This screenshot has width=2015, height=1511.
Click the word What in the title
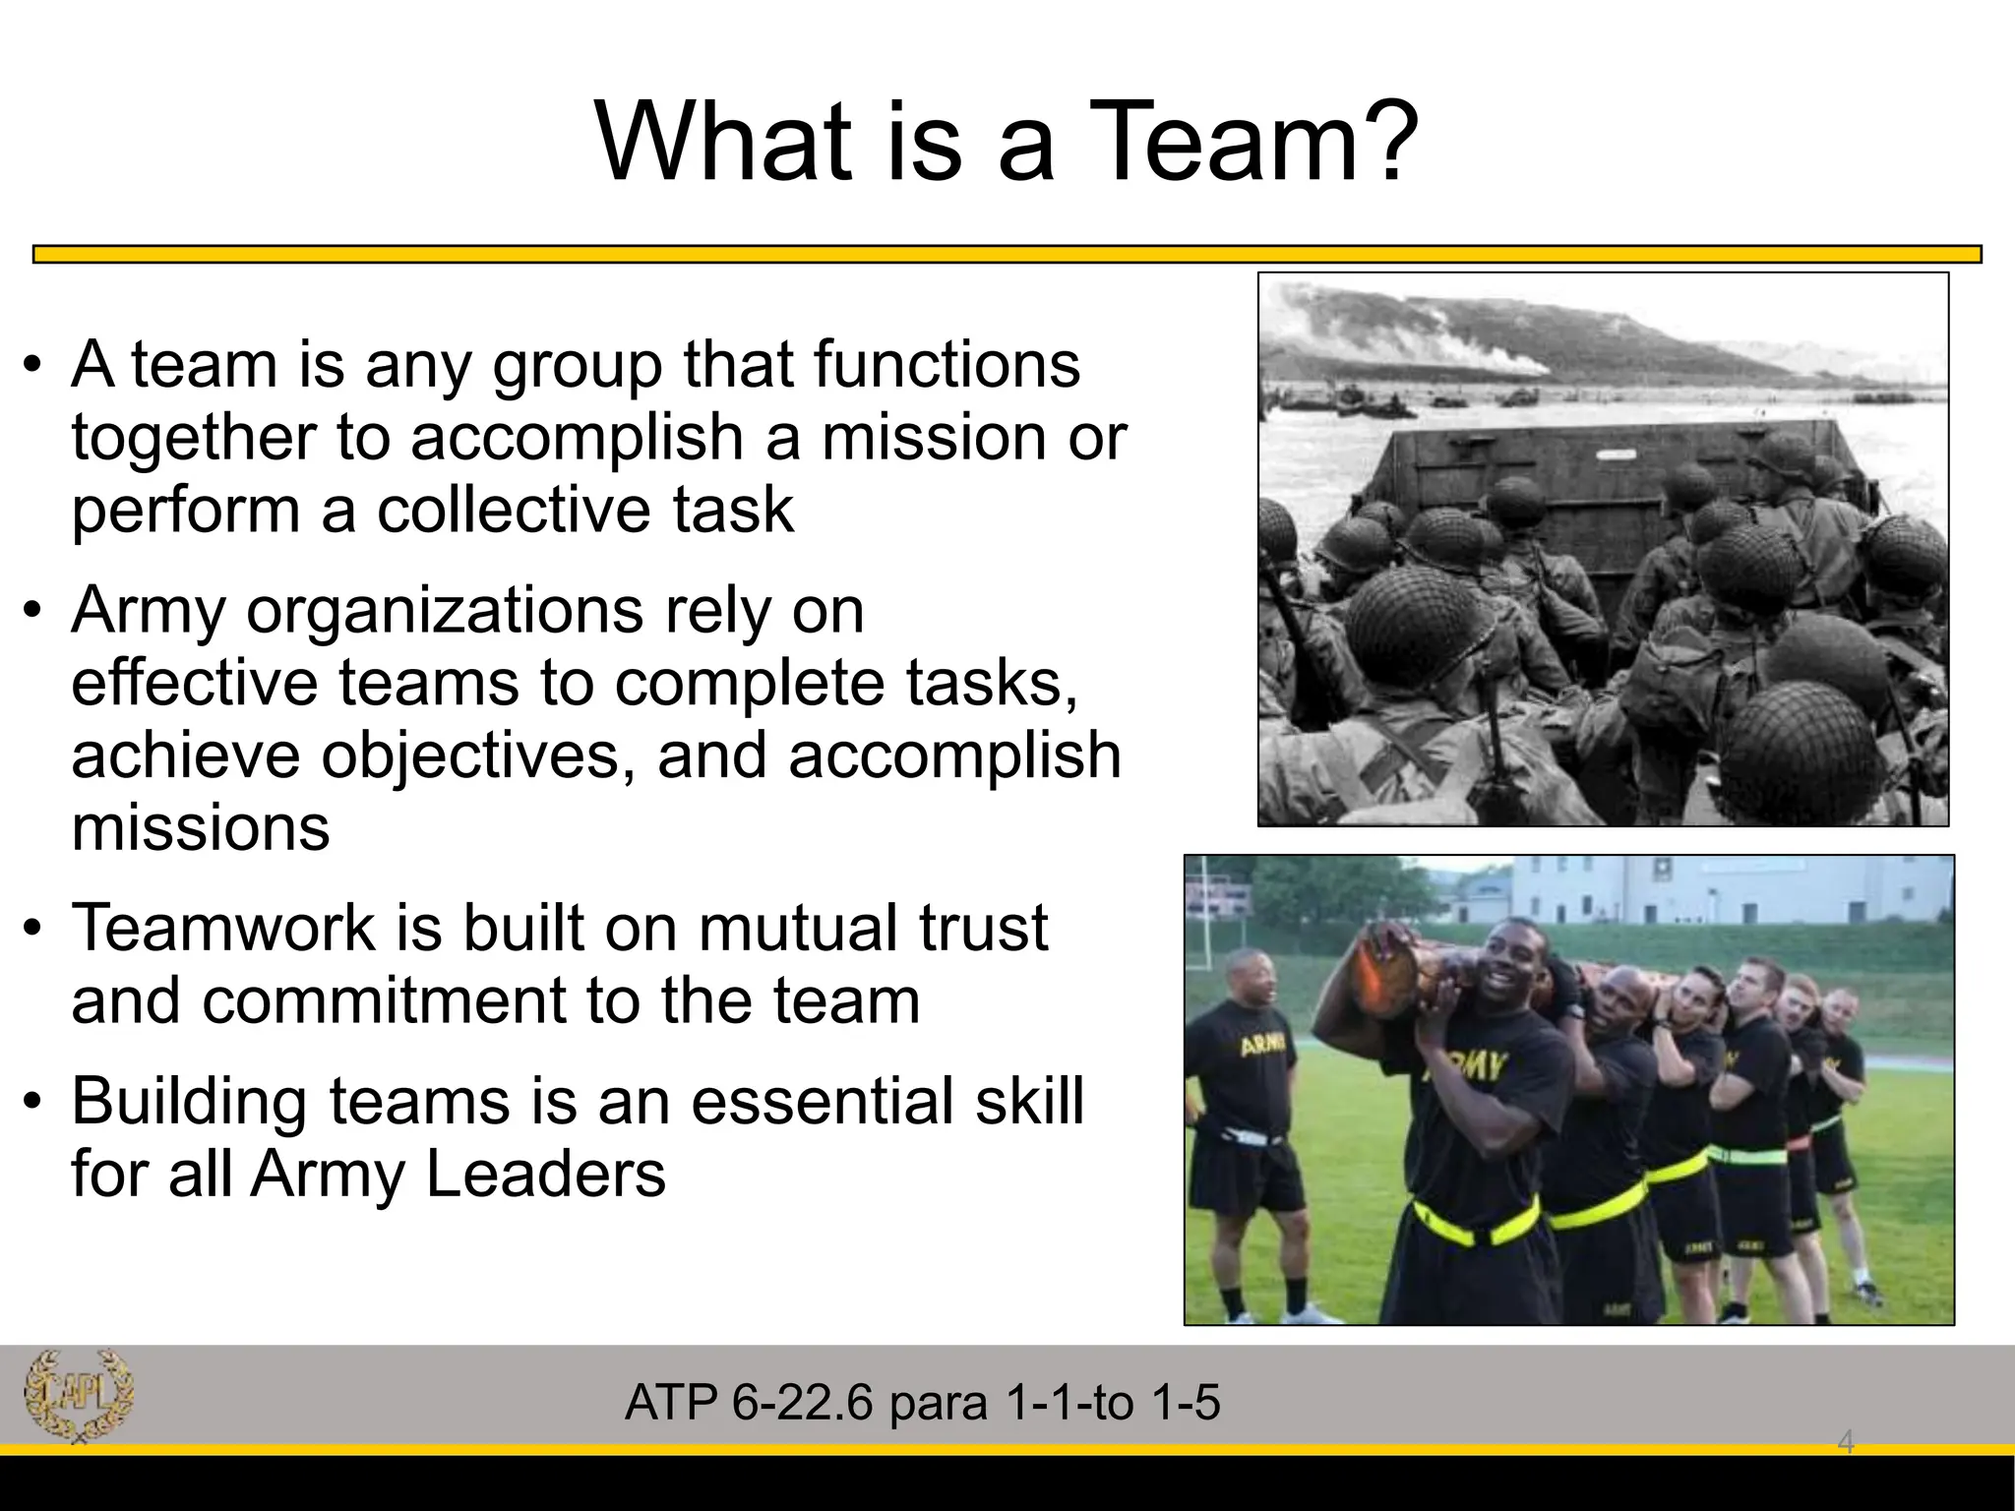tap(723, 143)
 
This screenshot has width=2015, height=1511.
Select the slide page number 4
tap(1846, 1443)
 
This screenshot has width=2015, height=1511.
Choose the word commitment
tap(383, 1000)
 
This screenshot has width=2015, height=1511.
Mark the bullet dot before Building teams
tap(33, 1102)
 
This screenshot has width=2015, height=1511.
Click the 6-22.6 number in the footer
tap(802, 1402)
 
